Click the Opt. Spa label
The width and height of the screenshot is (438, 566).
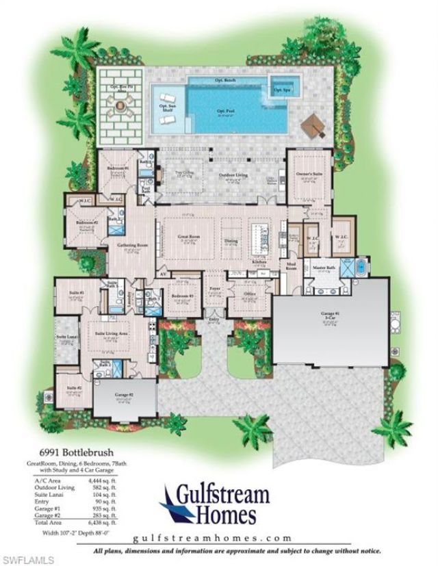(x=281, y=90)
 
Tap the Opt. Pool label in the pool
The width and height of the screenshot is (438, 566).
(x=223, y=111)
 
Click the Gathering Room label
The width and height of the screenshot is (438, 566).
(x=128, y=244)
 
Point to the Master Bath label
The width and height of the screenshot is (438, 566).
(x=323, y=268)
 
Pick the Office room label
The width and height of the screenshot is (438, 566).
(x=249, y=295)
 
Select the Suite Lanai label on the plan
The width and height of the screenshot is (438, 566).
(x=66, y=337)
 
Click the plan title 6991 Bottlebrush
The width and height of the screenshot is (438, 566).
(x=77, y=452)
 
